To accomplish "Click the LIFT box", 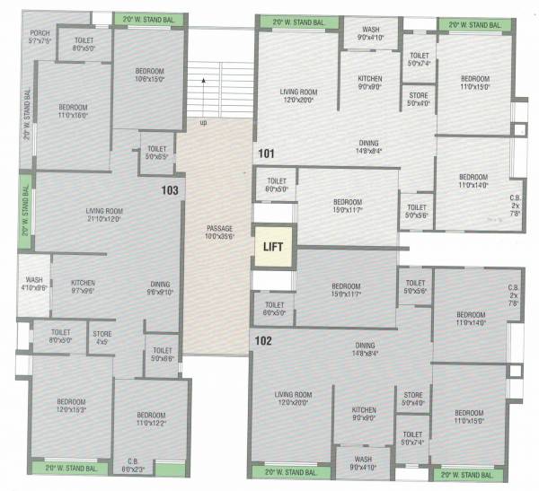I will (x=273, y=245).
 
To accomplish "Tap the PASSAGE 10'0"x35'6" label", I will (x=219, y=232).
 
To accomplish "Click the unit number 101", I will (x=265, y=153).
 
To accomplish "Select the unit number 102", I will (x=263, y=340).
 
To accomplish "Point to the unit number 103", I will (x=171, y=190).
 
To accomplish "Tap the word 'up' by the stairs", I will (x=203, y=121).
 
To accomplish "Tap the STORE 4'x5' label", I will (x=102, y=338).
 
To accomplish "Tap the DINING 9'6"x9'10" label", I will (x=160, y=287).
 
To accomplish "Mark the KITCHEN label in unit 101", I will (x=370, y=83).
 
